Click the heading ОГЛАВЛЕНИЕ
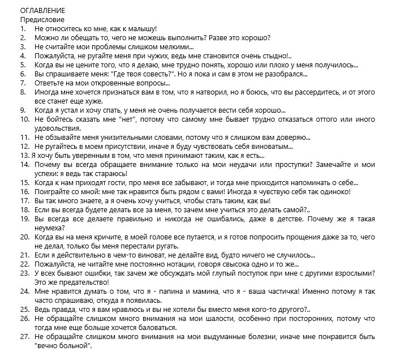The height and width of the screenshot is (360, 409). pos(42,11)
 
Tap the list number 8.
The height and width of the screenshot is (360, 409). pos(23,92)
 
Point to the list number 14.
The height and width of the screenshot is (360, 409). pos(24,164)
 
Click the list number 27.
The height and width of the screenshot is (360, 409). pos(24,336)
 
